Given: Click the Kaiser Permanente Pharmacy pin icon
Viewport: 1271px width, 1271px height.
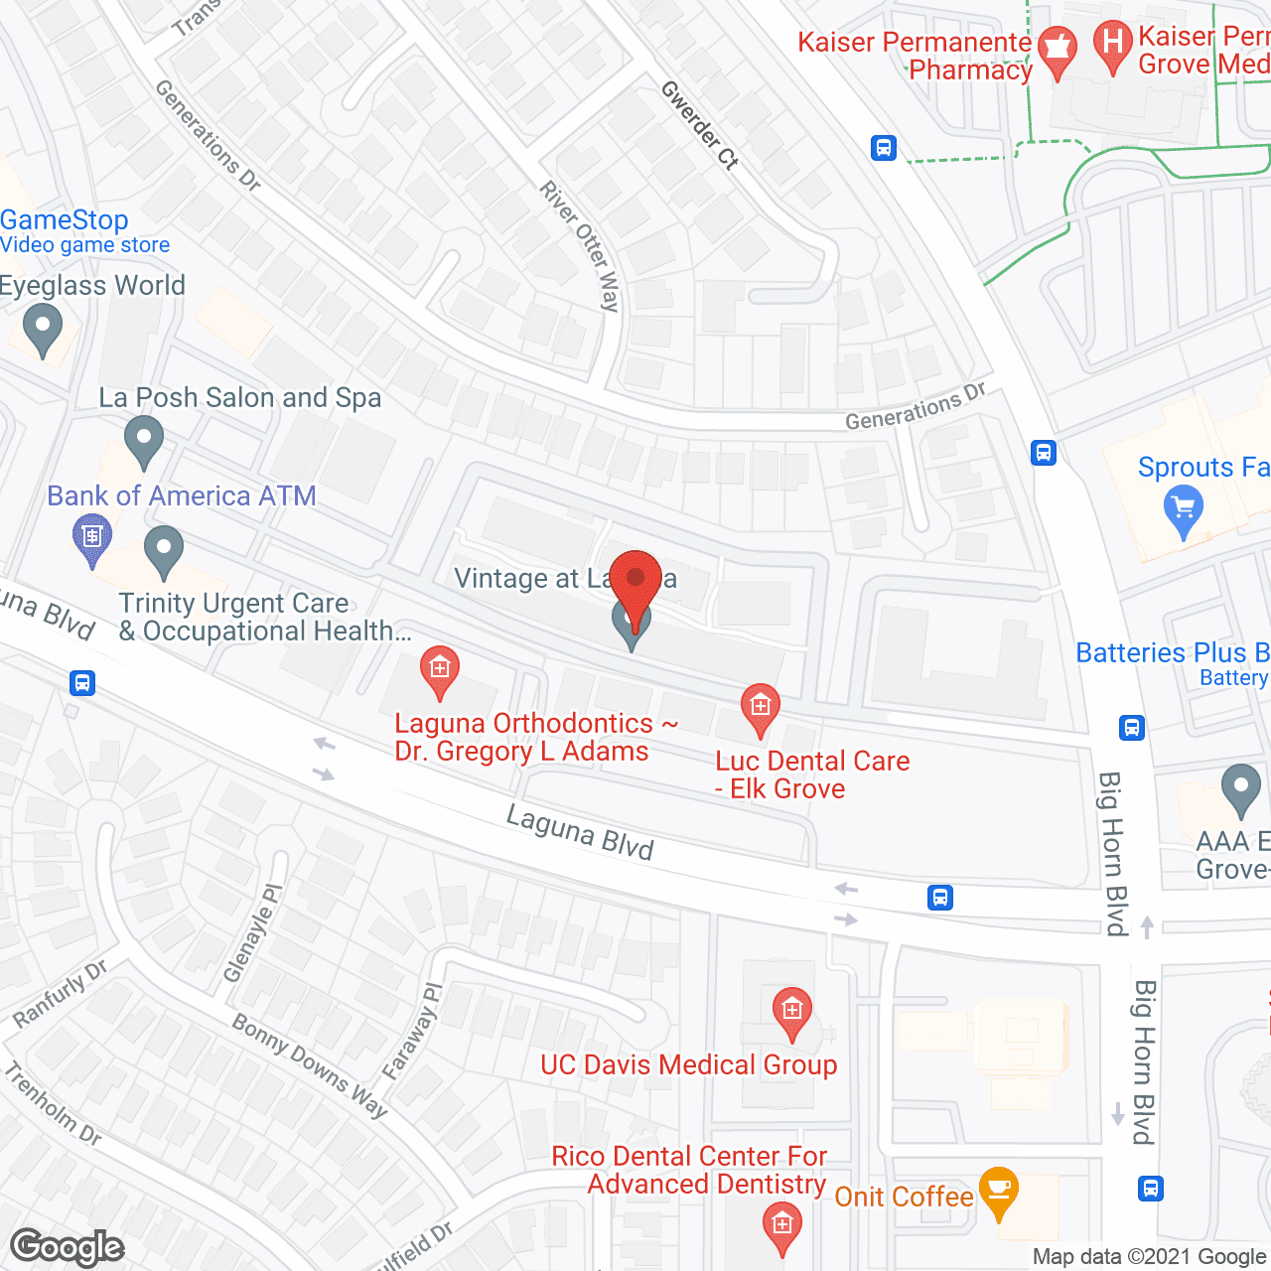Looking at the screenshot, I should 1058,51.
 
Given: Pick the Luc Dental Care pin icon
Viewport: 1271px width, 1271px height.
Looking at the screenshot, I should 761,708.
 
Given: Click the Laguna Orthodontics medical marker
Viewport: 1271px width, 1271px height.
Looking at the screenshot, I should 439,669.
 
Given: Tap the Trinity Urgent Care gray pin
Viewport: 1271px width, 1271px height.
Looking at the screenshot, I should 164,550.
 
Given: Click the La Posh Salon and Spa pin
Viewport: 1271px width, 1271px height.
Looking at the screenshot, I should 144,440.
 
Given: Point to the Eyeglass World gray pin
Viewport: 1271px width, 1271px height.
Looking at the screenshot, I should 42,327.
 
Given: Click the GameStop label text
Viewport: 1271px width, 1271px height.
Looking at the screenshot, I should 65,219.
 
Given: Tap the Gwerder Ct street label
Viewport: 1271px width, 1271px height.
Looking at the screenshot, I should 700,125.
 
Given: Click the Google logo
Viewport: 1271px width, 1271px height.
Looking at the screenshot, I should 68,1247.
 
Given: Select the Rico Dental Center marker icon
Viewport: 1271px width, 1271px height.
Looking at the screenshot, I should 781,1225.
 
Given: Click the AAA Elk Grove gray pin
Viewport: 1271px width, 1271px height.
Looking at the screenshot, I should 1240,787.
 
